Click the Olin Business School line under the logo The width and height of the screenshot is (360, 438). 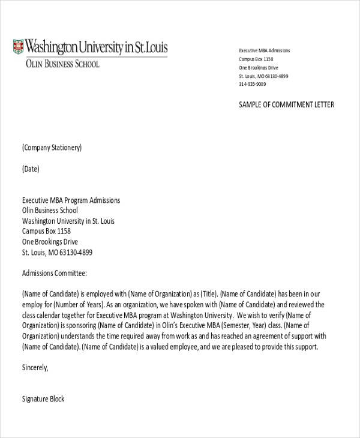tap(62, 64)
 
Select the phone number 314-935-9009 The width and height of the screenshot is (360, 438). tap(253, 85)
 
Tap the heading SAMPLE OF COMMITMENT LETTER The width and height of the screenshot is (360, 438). tap(286, 105)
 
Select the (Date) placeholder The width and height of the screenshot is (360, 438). tap(31, 169)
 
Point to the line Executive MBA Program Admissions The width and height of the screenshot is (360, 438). tap(71, 200)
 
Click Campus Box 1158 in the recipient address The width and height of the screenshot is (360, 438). tap(47, 231)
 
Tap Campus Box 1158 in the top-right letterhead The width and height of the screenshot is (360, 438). tap(256, 59)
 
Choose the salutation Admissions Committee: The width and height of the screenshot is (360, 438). tap(55, 273)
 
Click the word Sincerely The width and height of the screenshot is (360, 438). tap(35, 367)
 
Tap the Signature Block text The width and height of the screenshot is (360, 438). tap(43, 399)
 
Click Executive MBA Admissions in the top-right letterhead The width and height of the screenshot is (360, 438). tap(264, 51)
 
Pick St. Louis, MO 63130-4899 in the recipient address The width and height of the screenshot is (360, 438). tap(58, 253)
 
